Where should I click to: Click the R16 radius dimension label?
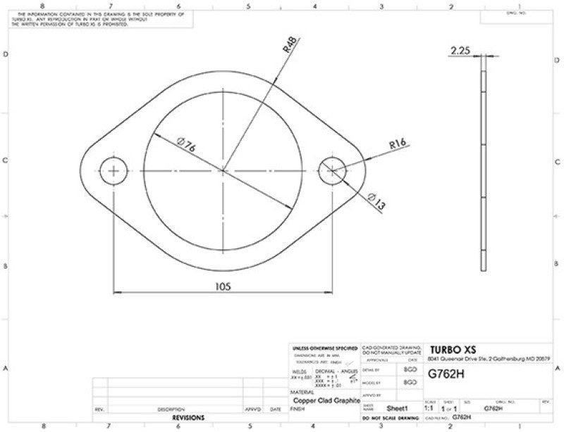tap(398, 145)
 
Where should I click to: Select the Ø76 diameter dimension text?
tap(186, 146)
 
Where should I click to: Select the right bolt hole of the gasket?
tap(332, 170)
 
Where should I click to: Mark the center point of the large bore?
tap(222, 170)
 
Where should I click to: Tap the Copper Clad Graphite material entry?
tap(324, 399)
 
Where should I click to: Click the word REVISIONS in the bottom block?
tap(189, 417)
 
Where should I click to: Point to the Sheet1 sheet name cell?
tap(399, 407)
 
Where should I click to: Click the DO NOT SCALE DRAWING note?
tap(389, 418)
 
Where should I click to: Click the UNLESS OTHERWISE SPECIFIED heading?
tap(324, 348)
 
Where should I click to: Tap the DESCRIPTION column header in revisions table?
tap(171, 409)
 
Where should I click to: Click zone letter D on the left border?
tap(6, 54)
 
